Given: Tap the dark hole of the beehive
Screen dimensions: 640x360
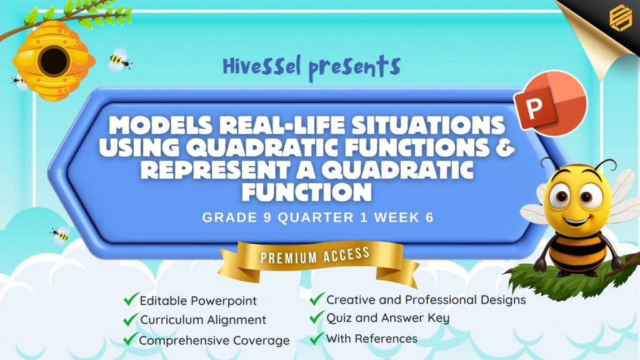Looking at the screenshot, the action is pyautogui.click(x=54, y=61).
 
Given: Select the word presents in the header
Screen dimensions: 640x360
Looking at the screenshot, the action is pyautogui.click(x=354, y=67).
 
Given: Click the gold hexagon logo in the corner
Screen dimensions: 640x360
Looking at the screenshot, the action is pyautogui.click(x=620, y=17).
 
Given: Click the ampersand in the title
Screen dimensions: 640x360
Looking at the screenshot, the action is pyautogui.click(x=506, y=147).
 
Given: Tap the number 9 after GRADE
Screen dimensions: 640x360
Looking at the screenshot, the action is pyautogui.click(x=267, y=217).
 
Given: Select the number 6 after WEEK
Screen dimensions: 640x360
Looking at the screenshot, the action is pyautogui.click(x=429, y=217).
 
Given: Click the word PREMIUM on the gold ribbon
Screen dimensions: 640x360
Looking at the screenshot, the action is pyautogui.click(x=289, y=257).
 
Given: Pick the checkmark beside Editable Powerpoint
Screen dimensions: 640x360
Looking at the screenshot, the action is pyautogui.click(x=131, y=299).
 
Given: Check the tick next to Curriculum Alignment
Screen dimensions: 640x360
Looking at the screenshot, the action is pyautogui.click(x=131, y=319).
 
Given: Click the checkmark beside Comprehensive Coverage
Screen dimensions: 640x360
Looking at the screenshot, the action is pyautogui.click(x=131, y=339).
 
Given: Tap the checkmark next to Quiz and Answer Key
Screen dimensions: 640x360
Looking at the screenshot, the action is pyautogui.click(x=317, y=317).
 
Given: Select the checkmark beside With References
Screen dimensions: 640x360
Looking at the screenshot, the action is pyautogui.click(x=317, y=338).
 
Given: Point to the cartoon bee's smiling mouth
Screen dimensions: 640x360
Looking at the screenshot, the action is pyautogui.click(x=576, y=221).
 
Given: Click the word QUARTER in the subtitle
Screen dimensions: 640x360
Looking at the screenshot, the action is pyautogui.click(x=316, y=217).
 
